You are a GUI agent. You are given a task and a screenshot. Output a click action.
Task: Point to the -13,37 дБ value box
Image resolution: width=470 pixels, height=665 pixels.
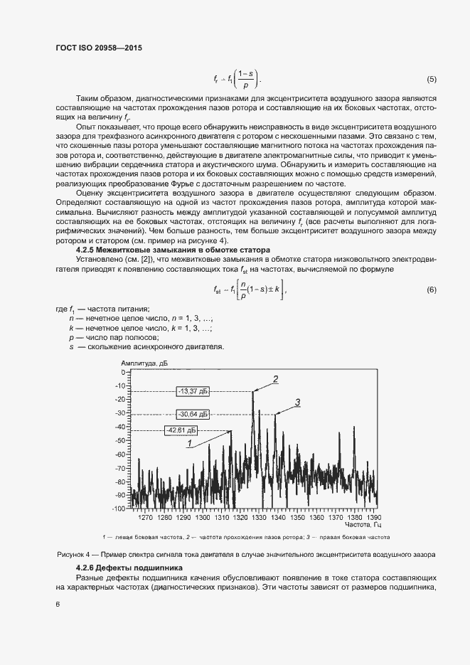pos(193,390)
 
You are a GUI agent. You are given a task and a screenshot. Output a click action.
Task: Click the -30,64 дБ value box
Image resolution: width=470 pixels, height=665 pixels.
pos(193,414)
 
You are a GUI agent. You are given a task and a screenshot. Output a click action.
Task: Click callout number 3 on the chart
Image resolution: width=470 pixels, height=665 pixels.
pos(297,403)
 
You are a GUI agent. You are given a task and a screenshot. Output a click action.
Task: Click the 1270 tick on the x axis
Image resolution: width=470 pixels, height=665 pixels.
pos(146,517)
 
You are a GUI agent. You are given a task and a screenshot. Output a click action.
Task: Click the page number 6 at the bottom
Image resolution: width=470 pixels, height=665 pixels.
pos(57,604)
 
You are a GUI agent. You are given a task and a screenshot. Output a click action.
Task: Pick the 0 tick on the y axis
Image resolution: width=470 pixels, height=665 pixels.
pos(122,372)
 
